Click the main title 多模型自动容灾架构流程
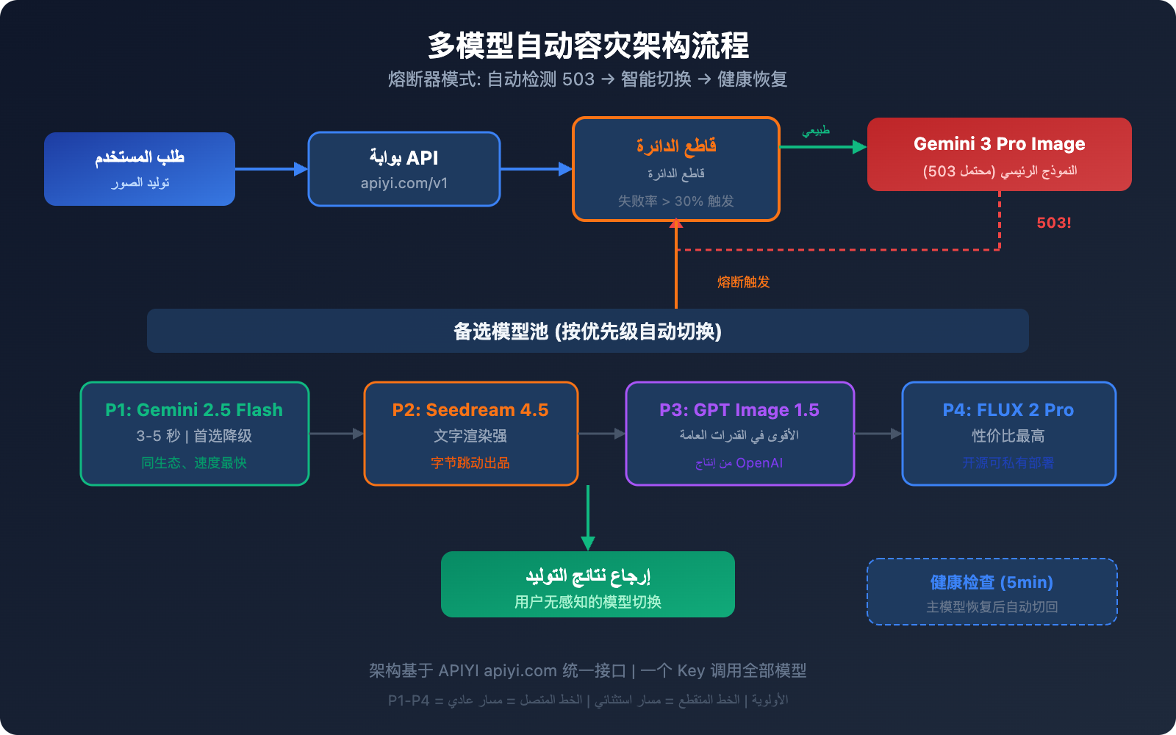pyautogui.click(x=588, y=46)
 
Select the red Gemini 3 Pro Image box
pyautogui.click(x=999, y=154)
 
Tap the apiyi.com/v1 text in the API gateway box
pyautogui.click(x=404, y=183)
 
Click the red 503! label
pyautogui.click(x=1053, y=223)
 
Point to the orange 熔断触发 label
pyautogui.click(x=743, y=282)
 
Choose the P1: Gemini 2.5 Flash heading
pyautogui.click(x=194, y=409)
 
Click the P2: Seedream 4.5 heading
pyautogui.click(x=470, y=409)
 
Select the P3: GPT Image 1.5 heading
pyautogui.click(x=739, y=409)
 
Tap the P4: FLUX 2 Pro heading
pyautogui.click(x=1008, y=409)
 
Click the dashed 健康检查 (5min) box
pyautogui.click(x=992, y=592)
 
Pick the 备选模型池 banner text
pyautogui.click(x=587, y=331)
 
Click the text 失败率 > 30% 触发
pyautogui.click(x=675, y=201)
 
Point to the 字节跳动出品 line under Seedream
pyautogui.click(x=470, y=463)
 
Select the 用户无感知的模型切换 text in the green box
pyautogui.click(x=587, y=602)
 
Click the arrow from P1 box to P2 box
pyautogui.click(x=337, y=434)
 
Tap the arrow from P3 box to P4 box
pyautogui.click(x=878, y=434)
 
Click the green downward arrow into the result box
pyautogui.click(x=587, y=518)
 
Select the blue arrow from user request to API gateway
pyautogui.click(x=271, y=169)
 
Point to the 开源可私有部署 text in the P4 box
pyautogui.click(x=1008, y=463)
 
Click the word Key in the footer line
pyautogui.click(x=690, y=670)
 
